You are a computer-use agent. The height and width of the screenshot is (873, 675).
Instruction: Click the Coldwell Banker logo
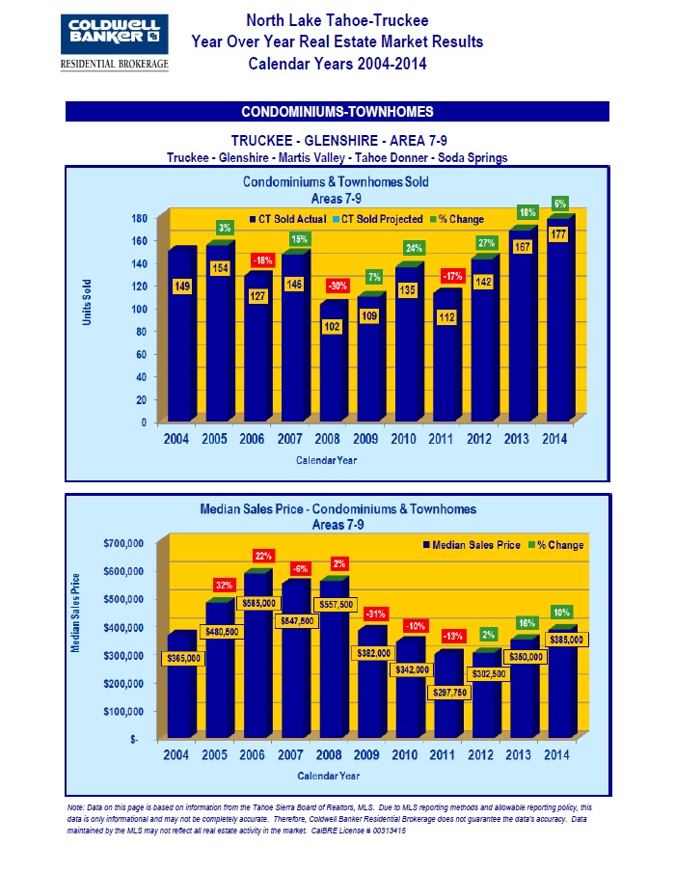[114, 41]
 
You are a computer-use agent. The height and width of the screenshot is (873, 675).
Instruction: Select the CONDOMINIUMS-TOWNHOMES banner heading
[337, 111]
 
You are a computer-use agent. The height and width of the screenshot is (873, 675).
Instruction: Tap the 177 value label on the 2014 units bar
[558, 232]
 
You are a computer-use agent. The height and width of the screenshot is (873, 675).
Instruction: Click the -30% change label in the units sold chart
[337, 286]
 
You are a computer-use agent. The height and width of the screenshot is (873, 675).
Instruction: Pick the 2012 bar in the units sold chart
[483, 347]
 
